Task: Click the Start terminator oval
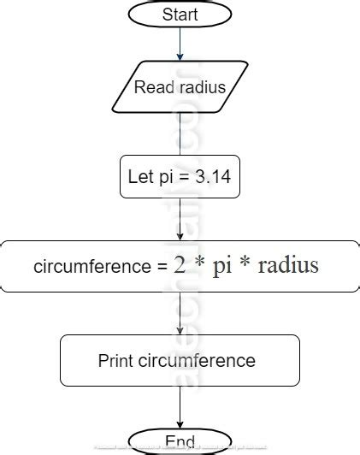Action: click(x=180, y=15)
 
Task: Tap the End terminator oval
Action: click(x=180, y=441)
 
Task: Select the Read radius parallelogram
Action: click(x=180, y=87)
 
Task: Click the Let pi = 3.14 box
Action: click(x=180, y=176)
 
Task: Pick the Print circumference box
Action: click(x=180, y=360)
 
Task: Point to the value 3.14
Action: click(x=211, y=176)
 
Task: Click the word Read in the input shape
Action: click(x=152, y=87)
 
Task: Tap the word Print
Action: click(x=116, y=360)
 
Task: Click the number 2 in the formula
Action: click(x=180, y=265)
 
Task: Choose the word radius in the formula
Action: click(x=287, y=265)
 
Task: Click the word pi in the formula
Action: click(x=222, y=265)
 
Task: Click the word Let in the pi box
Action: click(x=139, y=176)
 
